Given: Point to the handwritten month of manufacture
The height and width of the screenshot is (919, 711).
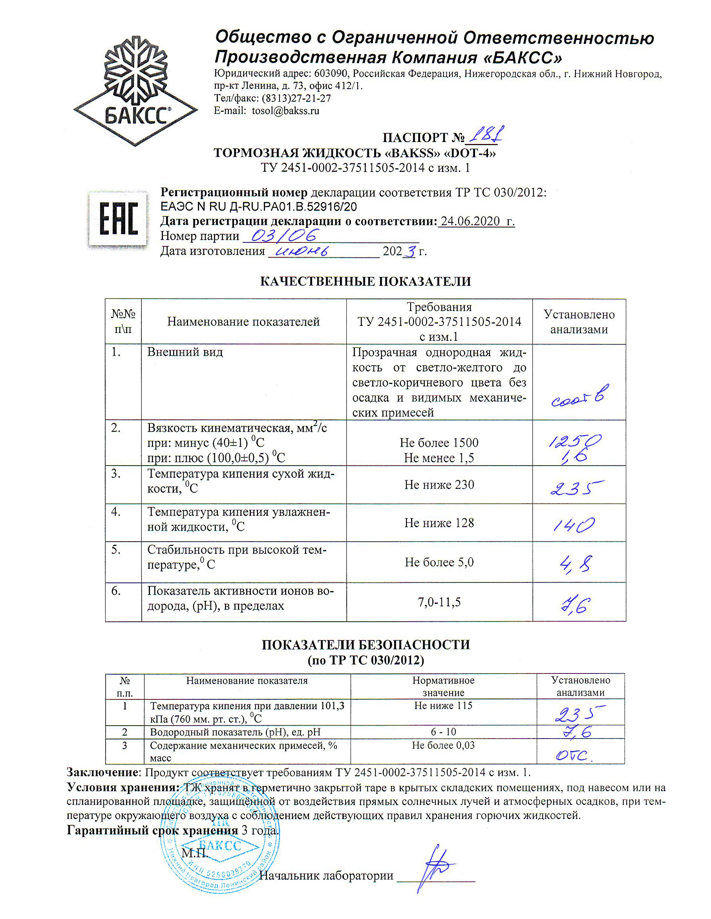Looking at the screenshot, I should (301, 251).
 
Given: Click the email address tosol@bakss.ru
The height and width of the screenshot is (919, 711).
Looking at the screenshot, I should (285, 111).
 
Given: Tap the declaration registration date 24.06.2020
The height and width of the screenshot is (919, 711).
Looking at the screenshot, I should (470, 221).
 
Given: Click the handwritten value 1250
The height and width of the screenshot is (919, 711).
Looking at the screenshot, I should (574, 441).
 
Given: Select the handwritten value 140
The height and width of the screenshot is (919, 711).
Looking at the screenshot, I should (574, 524).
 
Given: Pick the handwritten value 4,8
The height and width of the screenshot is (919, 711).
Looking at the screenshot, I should (576, 564).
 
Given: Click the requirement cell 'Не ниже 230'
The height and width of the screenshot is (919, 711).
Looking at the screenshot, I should (439, 485).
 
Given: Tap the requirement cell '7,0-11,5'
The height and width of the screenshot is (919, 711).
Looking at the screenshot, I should (439, 602).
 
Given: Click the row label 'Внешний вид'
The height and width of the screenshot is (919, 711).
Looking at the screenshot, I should (185, 352).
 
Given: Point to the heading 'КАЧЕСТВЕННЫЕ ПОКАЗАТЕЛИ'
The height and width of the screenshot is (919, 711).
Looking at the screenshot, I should (365, 281).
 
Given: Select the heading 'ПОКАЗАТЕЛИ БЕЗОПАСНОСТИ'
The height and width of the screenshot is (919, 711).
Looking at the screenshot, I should (365, 645).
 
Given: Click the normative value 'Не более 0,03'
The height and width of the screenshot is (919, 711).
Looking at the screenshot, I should (443, 745).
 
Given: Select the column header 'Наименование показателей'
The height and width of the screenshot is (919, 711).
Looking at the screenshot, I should (243, 322).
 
